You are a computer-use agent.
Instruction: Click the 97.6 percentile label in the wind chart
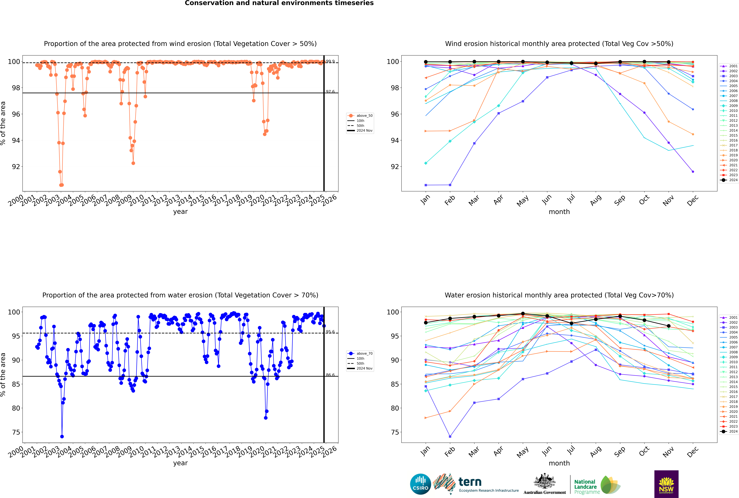[x=330, y=91]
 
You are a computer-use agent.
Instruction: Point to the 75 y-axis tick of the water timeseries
[x=16, y=432]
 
